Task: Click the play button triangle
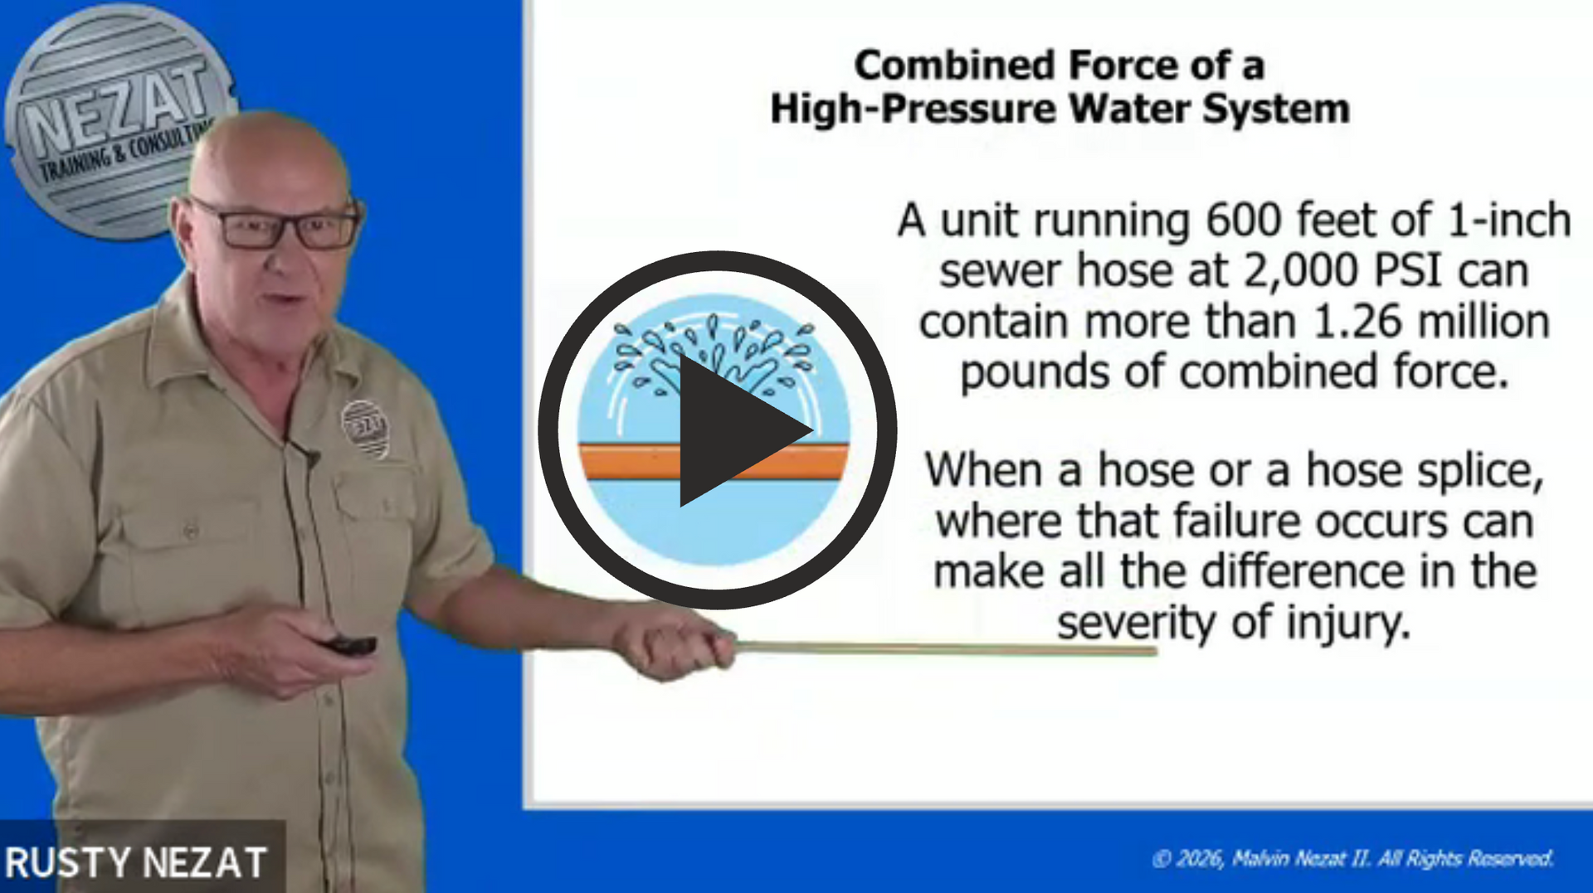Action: click(734, 430)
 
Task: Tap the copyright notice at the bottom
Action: click(1352, 859)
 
